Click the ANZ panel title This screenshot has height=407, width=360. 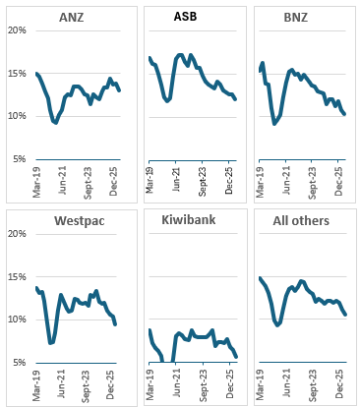[71, 17]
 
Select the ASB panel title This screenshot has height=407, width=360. [185, 16]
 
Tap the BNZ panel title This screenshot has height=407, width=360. [296, 17]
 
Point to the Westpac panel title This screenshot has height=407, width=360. [80, 220]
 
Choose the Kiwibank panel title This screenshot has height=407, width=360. [189, 219]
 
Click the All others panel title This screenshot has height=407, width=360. [301, 220]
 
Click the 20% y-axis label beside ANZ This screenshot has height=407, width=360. [17, 30]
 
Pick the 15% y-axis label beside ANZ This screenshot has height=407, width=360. [17, 74]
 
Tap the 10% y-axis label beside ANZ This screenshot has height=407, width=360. [17, 116]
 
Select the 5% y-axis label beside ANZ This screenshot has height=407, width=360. [20, 159]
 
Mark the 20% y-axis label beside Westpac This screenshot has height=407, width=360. [17, 234]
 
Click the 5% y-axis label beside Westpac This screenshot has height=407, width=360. [20, 363]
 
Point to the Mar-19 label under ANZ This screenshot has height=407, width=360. [36, 182]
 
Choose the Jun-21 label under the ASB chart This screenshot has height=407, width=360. [176, 180]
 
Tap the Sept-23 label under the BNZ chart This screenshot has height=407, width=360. [313, 183]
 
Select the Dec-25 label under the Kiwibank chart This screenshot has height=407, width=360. [229, 384]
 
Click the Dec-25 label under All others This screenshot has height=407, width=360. [339, 384]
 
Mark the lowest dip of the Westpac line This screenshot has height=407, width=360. [50, 343]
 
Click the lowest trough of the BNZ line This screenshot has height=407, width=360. [274, 124]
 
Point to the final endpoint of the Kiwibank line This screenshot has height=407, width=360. [236, 357]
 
